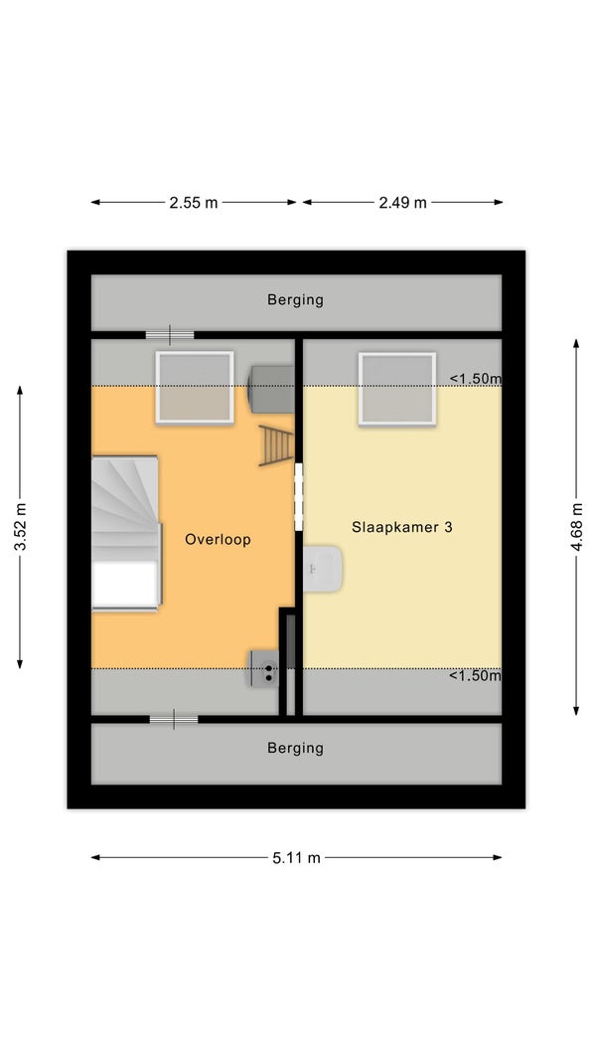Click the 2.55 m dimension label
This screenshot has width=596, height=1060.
[194, 202]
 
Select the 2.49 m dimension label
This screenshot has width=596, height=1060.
[403, 202]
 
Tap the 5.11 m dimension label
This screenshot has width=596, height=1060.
[296, 858]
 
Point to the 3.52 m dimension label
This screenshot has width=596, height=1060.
[20, 527]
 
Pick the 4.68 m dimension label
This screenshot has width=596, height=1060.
[576, 527]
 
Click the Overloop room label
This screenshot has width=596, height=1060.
[218, 540]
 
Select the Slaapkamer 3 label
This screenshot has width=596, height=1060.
[401, 527]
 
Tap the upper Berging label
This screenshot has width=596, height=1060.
[296, 299]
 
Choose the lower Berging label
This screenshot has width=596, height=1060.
[296, 748]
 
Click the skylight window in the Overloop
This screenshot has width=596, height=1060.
[195, 388]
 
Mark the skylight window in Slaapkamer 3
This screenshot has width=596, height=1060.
[397, 390]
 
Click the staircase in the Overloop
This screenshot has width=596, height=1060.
[126, 533]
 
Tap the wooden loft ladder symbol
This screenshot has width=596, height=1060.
[277, 446]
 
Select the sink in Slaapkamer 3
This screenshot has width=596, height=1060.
[323, 569]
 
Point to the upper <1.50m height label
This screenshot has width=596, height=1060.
[475, 379]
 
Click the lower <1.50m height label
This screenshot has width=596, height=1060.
[475, 675]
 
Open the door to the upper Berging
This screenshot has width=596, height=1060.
[170, 334]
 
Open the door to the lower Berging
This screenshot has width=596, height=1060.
[174, 719]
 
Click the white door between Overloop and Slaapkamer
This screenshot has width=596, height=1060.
[298, 497]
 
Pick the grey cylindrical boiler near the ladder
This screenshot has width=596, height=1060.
[270, 390]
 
